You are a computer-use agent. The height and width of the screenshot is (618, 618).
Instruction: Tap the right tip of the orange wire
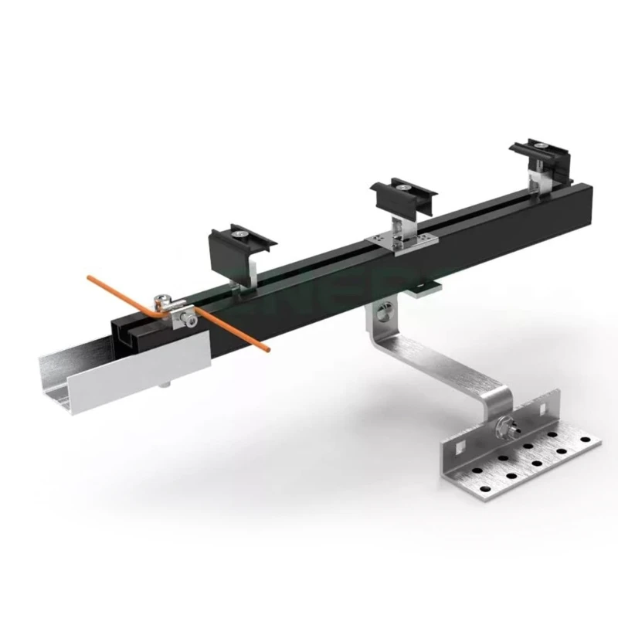(267, 349)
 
